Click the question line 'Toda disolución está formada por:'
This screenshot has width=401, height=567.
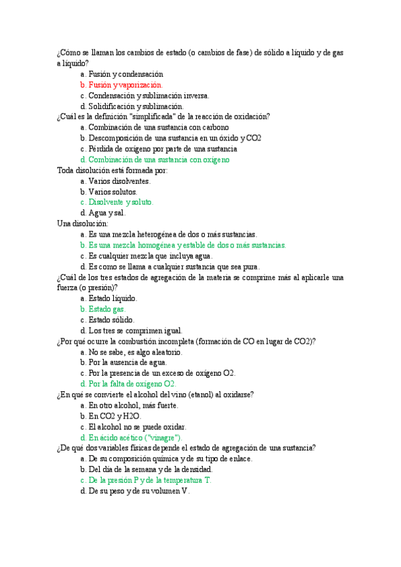pos(112,171)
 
